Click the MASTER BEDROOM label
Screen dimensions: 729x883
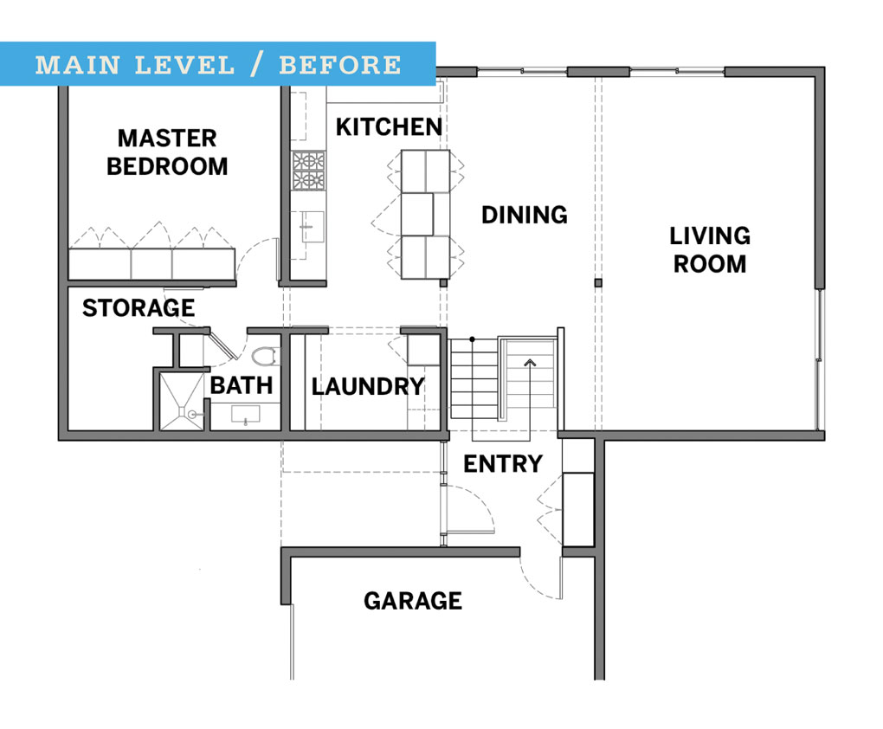[167, 152]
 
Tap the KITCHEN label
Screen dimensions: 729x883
[389, 126]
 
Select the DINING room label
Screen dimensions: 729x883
[525, 214]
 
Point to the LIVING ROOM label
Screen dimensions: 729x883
[710, 249]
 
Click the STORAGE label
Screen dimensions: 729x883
[139, 307]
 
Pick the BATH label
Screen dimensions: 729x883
[242, 384]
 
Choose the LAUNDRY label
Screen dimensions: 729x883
[368, 386]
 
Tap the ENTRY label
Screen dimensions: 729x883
[503, 464]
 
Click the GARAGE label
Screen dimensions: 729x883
[413, 601]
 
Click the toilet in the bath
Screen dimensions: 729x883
[265, 356]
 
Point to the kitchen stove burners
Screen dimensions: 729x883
[308, 171]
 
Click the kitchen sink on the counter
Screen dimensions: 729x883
[311, 228]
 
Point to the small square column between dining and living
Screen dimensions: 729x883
[597, 283]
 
